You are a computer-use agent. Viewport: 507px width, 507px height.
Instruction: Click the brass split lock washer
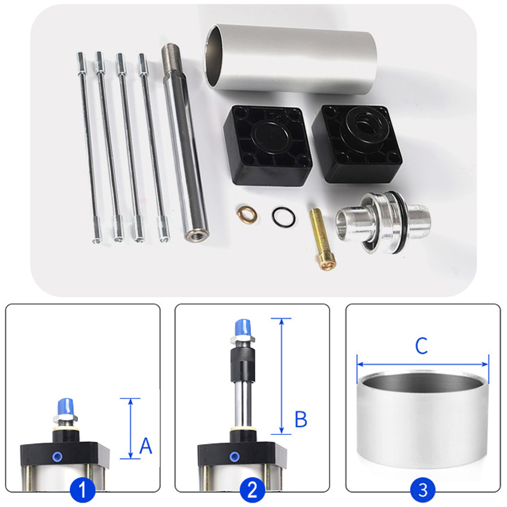247,214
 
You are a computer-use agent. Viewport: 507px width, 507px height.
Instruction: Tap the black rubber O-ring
283,217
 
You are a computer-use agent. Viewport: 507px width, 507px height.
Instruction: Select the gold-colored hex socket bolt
322,240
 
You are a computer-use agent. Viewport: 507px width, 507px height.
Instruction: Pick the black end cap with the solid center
267,145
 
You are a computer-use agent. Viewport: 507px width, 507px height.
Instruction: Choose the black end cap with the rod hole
357,143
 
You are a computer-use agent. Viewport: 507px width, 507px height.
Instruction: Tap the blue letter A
146,446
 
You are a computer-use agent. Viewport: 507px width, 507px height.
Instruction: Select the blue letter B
301,419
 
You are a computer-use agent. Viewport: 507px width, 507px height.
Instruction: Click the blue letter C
421,345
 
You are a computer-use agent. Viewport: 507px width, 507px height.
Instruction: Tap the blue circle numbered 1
82,489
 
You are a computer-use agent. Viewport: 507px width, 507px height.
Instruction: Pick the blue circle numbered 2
252,489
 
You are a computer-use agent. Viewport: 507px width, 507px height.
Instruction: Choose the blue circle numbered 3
423,489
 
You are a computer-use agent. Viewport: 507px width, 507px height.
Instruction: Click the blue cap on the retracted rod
66,408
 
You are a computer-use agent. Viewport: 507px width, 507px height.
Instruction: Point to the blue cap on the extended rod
243,328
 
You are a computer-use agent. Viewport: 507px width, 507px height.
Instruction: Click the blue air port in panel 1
58,456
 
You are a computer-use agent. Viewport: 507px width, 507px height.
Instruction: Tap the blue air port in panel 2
234,456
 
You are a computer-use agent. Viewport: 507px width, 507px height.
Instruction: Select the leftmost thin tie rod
88,148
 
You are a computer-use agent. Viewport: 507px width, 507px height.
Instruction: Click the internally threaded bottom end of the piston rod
196,234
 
